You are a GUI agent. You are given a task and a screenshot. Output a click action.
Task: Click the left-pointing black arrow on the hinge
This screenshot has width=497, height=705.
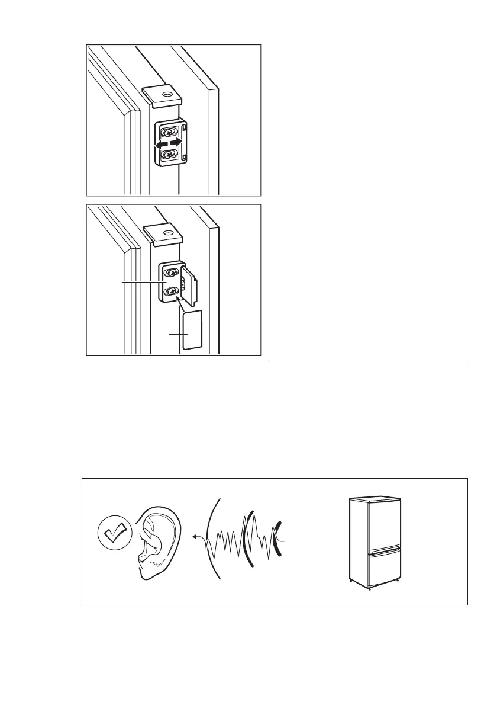158,144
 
